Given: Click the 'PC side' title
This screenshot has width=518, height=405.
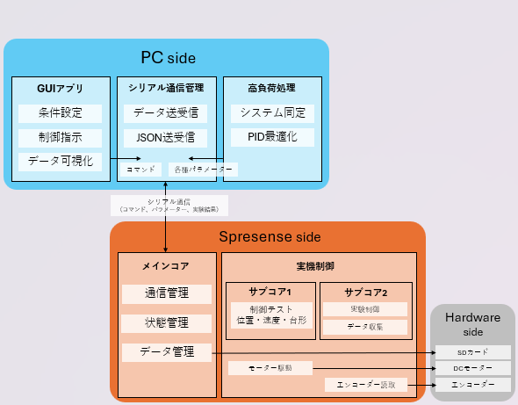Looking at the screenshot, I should pos(168,58).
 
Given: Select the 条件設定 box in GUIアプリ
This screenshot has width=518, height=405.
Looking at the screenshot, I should pos(60,113).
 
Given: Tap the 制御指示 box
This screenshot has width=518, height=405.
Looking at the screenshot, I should pos(60,138).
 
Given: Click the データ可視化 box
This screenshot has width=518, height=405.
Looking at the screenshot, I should pos(60,162).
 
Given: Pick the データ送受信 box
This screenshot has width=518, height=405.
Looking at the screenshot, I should pos(166,113).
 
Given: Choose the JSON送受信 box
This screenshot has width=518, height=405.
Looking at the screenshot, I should pos(166,138).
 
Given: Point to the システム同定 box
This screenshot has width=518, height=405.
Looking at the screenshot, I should pos(271,113).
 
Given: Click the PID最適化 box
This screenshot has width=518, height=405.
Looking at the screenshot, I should pos(271,137).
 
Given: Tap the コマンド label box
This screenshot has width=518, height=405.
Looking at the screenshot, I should pos(140,169).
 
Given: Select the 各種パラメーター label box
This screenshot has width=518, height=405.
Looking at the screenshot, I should pos(203,169).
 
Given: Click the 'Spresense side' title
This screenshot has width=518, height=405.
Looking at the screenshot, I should pos(269,237).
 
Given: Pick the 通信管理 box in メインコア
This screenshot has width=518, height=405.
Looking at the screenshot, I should pos(166,293).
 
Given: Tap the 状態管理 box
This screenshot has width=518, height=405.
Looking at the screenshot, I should pos(166,323).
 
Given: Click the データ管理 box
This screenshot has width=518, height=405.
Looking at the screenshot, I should pos(166,352).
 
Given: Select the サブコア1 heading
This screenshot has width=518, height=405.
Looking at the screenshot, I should pos(269,292).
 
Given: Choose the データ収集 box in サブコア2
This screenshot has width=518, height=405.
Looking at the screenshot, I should pos(365,327).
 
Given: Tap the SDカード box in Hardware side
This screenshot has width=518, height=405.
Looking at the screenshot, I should pos(472,352).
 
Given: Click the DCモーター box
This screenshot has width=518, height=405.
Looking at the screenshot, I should pos(472,368).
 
